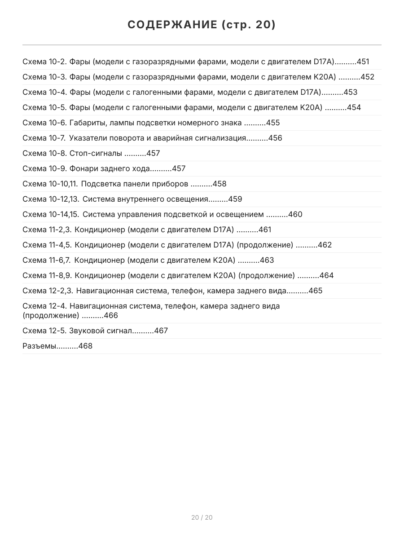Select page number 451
point(363,62)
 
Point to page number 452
point(367,77)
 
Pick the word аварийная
point(171,138)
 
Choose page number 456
point(275,138)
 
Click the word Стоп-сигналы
point(96,154)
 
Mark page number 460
point(295,215)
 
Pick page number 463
point(267,261)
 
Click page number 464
point(327,276)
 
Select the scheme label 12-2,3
point(60,291)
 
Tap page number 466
point(111,316)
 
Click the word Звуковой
point(85,331)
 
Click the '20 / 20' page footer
point(202,517)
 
